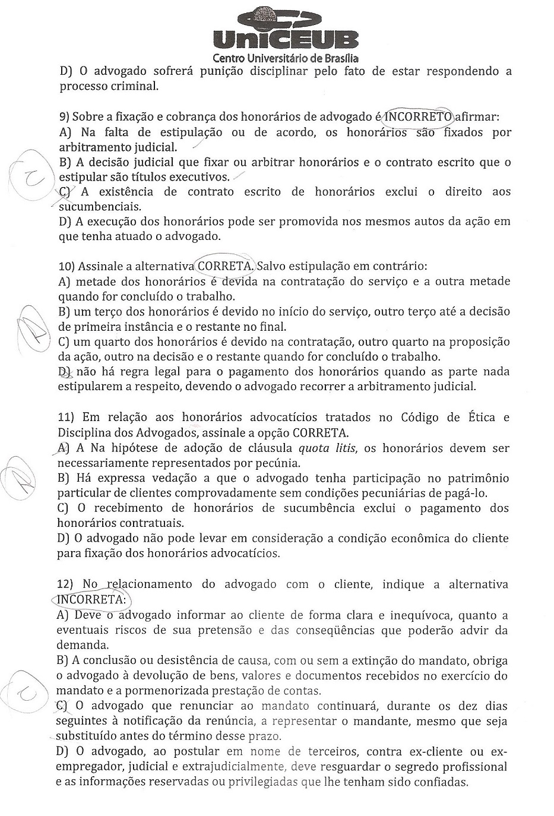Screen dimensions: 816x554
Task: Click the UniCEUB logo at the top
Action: (x=285, y=30)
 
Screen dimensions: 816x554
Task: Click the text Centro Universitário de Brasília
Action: (x=285, y=58)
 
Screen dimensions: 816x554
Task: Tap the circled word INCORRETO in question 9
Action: (x=419, y=116)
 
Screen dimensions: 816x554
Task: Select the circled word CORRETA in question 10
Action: (x=225, y=265)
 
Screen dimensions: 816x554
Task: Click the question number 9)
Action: (x=64, y=117)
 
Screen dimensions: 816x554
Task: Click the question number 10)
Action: (x=67, y=266)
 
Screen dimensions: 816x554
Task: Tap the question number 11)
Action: (x=67, y=418)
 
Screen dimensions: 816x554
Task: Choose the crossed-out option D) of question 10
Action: (x=65, y=372)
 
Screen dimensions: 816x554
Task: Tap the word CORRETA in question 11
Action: (x=325, y=432)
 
